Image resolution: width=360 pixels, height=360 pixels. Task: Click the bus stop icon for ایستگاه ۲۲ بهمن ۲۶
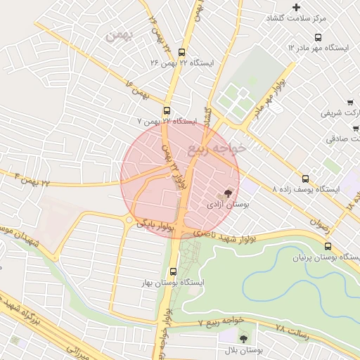[182, 52]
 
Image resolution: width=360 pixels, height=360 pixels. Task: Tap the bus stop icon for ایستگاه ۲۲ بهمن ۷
[167, 110]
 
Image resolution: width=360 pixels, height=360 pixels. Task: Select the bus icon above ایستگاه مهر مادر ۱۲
[319, 37]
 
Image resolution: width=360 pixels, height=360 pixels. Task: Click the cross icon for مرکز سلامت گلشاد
[297, 8]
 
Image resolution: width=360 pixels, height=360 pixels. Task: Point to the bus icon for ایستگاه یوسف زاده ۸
[305, 179]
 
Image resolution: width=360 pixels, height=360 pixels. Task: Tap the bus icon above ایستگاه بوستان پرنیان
[328, 246]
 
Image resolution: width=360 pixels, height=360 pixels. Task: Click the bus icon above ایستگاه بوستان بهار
[173, 271]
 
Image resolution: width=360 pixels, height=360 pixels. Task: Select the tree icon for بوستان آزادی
[228, 193]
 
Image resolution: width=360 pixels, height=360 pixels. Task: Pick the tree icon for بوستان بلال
[243, 338]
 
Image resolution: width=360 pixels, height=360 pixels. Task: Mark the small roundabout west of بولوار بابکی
[129, 221]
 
